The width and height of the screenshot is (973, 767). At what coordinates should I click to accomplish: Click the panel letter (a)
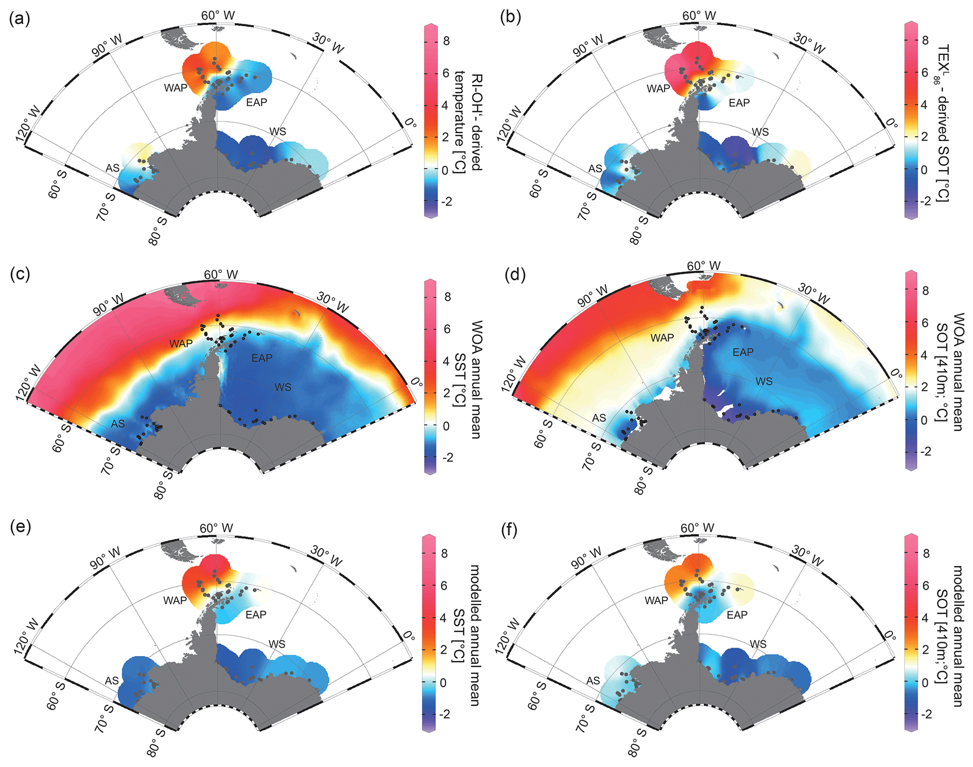point(19,19)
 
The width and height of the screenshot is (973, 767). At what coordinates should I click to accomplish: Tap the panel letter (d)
point(515,275)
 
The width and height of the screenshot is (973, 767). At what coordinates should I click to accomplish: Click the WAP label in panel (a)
point(176,87)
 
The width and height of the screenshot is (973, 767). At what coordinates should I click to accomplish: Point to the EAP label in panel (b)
point(739,103)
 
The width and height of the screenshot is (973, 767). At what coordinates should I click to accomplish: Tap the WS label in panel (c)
point(283,387)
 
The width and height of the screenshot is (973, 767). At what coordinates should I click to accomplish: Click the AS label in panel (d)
point(599,418)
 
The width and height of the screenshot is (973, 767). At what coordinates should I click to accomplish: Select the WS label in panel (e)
point(277,644)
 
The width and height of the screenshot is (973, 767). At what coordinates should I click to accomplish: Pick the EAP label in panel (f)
point(737,615)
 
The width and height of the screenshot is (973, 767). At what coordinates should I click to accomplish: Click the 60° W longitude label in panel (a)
point(218,16)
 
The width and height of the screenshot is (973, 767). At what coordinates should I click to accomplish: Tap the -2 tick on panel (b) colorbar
point(926,201)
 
